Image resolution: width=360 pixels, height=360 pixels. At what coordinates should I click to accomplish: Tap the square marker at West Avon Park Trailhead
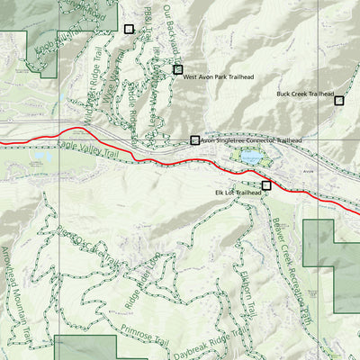(x=178, y=69)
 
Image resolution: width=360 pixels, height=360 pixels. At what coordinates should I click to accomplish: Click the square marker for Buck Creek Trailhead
(x=339, y=100)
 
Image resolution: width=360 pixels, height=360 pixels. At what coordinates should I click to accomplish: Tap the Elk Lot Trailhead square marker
(x=266, y=185)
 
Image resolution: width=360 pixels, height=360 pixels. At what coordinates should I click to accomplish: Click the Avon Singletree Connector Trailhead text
(x=251, y=140)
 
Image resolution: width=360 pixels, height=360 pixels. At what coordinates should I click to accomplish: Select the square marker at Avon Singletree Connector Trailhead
(x=194, y=139)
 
